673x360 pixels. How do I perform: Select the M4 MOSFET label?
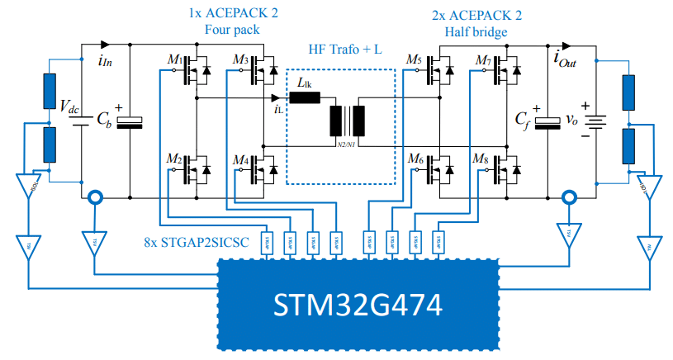pyautogui.click(x=240, y=159)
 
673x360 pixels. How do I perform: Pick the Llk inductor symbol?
pyautogui.click(x=305, y=98)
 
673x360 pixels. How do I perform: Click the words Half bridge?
pyautogui.click(x=476, y=31)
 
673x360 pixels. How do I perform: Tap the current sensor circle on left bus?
pyautogui.click(x=96, y=198)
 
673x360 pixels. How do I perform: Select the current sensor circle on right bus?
pyautogui.click(x=567, y=198)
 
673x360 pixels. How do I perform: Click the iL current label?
pyautogui.click(x=278, y=107)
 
